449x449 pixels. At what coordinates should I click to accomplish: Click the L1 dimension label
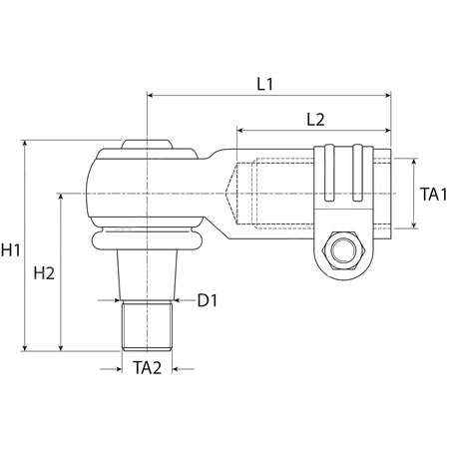coord(265,84)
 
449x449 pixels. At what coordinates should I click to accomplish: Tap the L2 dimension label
coord(315,120)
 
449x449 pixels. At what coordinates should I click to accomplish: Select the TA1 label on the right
coord(433,195)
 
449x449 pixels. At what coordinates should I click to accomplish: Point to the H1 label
coord(11,249)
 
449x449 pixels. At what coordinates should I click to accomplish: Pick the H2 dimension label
coord(44,273)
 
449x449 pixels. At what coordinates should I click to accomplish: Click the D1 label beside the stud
coord(208,300)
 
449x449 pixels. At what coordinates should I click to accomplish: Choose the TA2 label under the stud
coord(147,368)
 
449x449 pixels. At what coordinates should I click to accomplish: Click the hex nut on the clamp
coord(343,250)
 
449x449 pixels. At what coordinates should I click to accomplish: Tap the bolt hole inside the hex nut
coord(343,250)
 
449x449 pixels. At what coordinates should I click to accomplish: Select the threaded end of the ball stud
coord(147,325)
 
